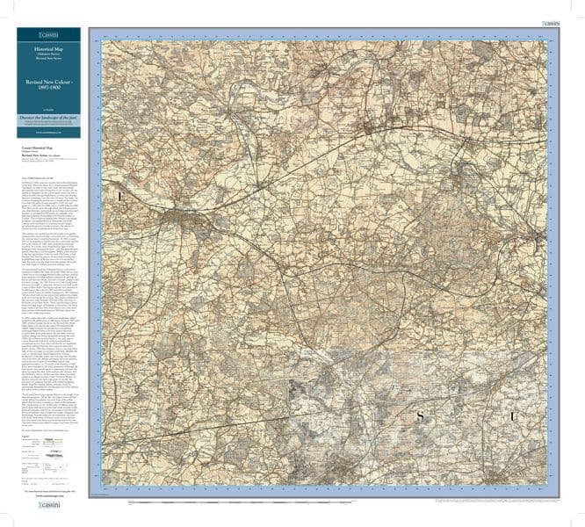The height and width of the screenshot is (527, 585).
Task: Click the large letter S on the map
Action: point(420,438)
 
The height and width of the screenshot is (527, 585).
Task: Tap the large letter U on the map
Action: point(513,439)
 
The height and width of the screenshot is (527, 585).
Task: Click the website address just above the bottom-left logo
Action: point(48,500)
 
